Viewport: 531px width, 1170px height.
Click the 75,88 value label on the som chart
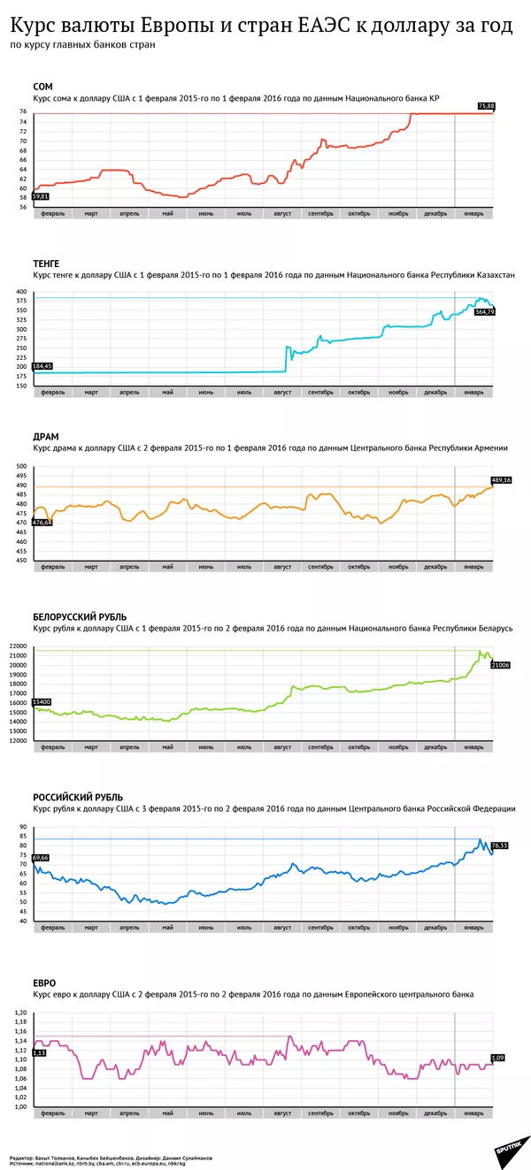(486, 106)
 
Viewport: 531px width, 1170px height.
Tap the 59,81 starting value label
(40, 196)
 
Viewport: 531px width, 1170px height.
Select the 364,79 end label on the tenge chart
(485, 311)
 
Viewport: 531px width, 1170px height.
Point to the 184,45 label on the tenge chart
(42, 365)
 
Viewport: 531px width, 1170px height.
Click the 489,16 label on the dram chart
(501, 480)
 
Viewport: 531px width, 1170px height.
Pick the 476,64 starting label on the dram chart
(42, 523)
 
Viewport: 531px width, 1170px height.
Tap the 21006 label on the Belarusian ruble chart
(500, 664)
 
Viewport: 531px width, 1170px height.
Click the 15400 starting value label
(40, 701)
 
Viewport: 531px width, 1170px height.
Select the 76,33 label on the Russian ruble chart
(499, 845)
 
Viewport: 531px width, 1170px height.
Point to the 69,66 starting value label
(40, 858)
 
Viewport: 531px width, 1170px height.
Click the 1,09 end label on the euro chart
(496, 1058)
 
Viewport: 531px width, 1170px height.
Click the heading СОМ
(42, 87)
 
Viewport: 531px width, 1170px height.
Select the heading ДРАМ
(47, 437)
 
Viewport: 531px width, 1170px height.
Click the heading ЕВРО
(45, 982)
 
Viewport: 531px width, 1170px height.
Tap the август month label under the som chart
(283, 213)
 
